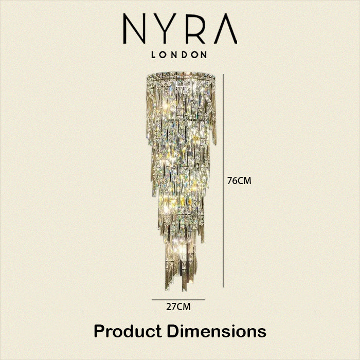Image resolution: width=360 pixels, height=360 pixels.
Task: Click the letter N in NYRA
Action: click(135, 29)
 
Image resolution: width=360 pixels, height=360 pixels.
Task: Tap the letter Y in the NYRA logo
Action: click(165, 29)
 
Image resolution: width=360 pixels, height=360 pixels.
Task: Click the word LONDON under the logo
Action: click(179, 55)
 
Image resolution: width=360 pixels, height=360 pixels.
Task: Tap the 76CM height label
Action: click(239, 181)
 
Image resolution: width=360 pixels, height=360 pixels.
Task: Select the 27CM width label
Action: click(178, 307)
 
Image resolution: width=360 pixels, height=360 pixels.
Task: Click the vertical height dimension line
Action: click(223, 181)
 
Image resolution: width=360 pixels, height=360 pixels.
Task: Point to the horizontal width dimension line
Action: click(178, 300)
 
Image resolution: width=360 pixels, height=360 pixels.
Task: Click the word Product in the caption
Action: click(128, 331)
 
